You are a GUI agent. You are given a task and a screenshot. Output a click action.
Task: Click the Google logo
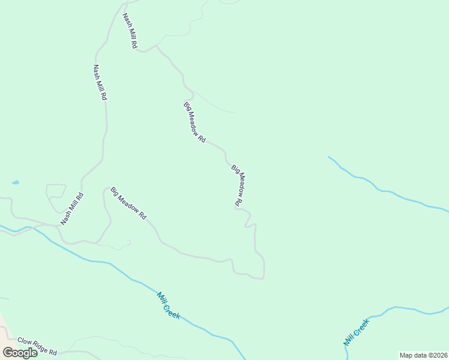(20, 352)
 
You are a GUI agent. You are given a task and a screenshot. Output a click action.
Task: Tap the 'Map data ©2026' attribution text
(423, 355)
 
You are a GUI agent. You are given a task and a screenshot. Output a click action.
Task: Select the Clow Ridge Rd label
(37, 346)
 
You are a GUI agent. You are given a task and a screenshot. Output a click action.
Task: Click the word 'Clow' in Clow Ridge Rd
(25, 341)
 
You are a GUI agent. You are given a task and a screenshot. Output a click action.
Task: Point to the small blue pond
(15, 182)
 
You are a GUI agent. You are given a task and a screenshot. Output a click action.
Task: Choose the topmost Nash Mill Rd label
(130, 31)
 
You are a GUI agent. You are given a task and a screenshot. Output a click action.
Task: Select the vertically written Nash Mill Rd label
(100, 82)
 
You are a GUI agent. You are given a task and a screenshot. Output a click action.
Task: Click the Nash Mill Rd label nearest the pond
(71, 209)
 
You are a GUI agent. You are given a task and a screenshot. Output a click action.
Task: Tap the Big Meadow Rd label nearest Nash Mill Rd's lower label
(128, 203)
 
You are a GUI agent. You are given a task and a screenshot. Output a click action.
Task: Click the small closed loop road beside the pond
(56, 193)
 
